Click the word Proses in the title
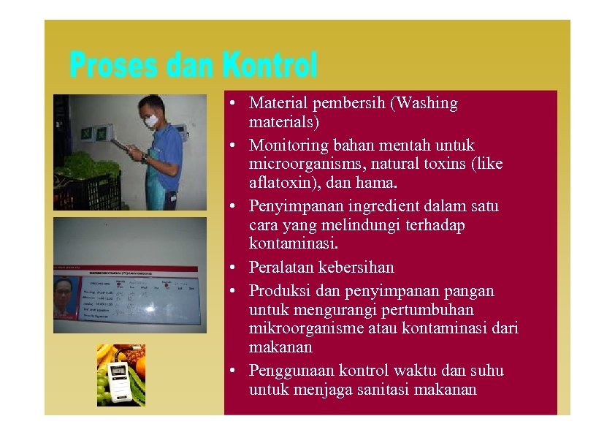point(112,66)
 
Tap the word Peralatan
point(281,268)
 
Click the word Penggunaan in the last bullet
point(290,371)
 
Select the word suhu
point(486,371)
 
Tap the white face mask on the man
point(151,121)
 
